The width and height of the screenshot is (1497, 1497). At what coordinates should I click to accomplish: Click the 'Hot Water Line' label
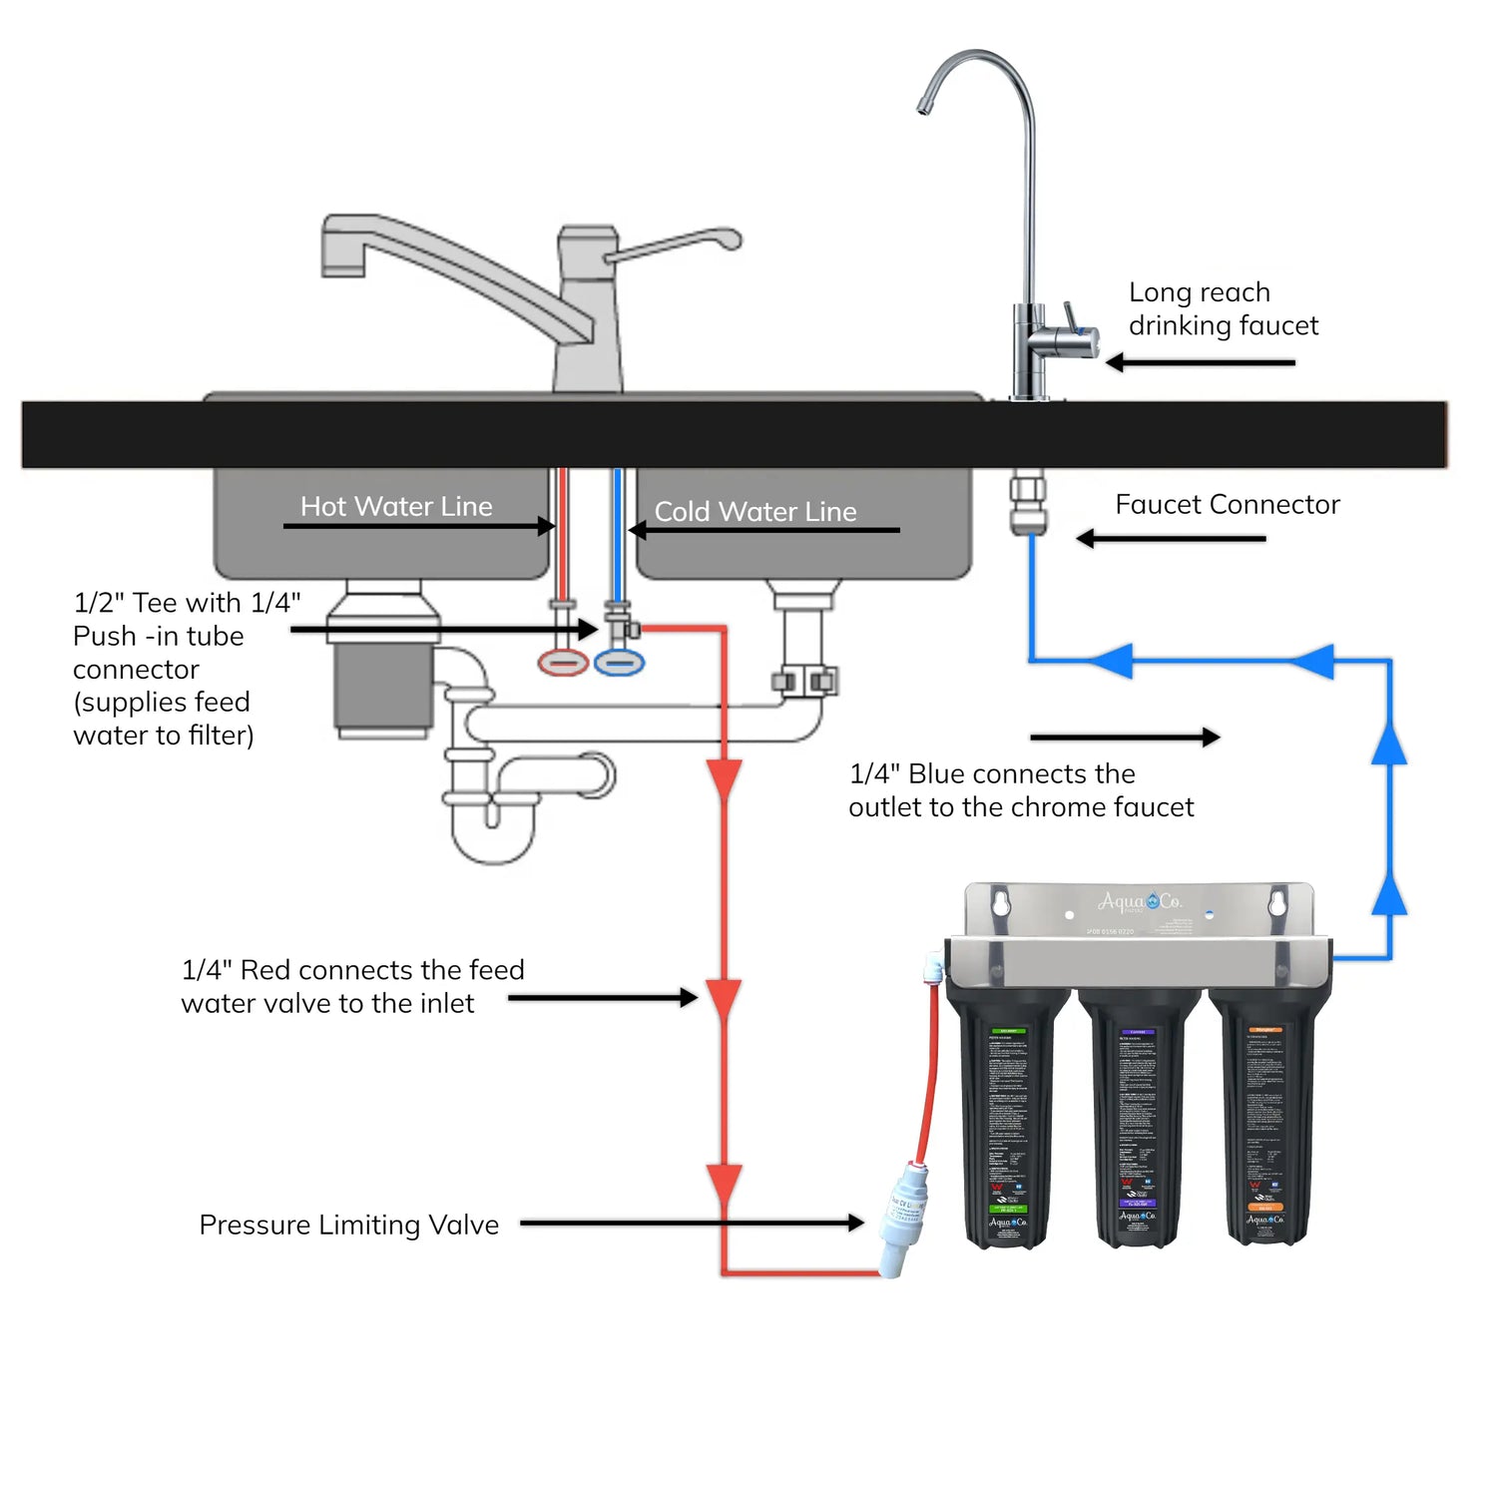click(396, 507)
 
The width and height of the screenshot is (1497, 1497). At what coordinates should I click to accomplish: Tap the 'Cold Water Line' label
click(755, 512)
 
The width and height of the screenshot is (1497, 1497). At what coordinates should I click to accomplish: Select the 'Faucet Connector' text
click(1227, 505)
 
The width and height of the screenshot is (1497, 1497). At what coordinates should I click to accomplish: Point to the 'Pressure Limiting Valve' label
click(348, 1225)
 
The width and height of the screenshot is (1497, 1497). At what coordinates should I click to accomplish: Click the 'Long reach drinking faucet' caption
click(1223, 309)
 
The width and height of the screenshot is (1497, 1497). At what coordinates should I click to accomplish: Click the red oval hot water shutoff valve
click(563, 662)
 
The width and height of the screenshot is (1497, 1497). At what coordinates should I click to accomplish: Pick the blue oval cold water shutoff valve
click(620, 662)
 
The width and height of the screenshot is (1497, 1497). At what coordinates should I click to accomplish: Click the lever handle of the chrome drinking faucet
click(1072, 317)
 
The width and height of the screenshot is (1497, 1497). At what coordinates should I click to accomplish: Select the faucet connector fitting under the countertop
click(1028, 505)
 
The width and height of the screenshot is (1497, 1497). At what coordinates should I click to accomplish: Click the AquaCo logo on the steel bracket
click(1140, 902)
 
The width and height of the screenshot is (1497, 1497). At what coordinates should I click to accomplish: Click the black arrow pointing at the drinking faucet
click(1199, 362)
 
